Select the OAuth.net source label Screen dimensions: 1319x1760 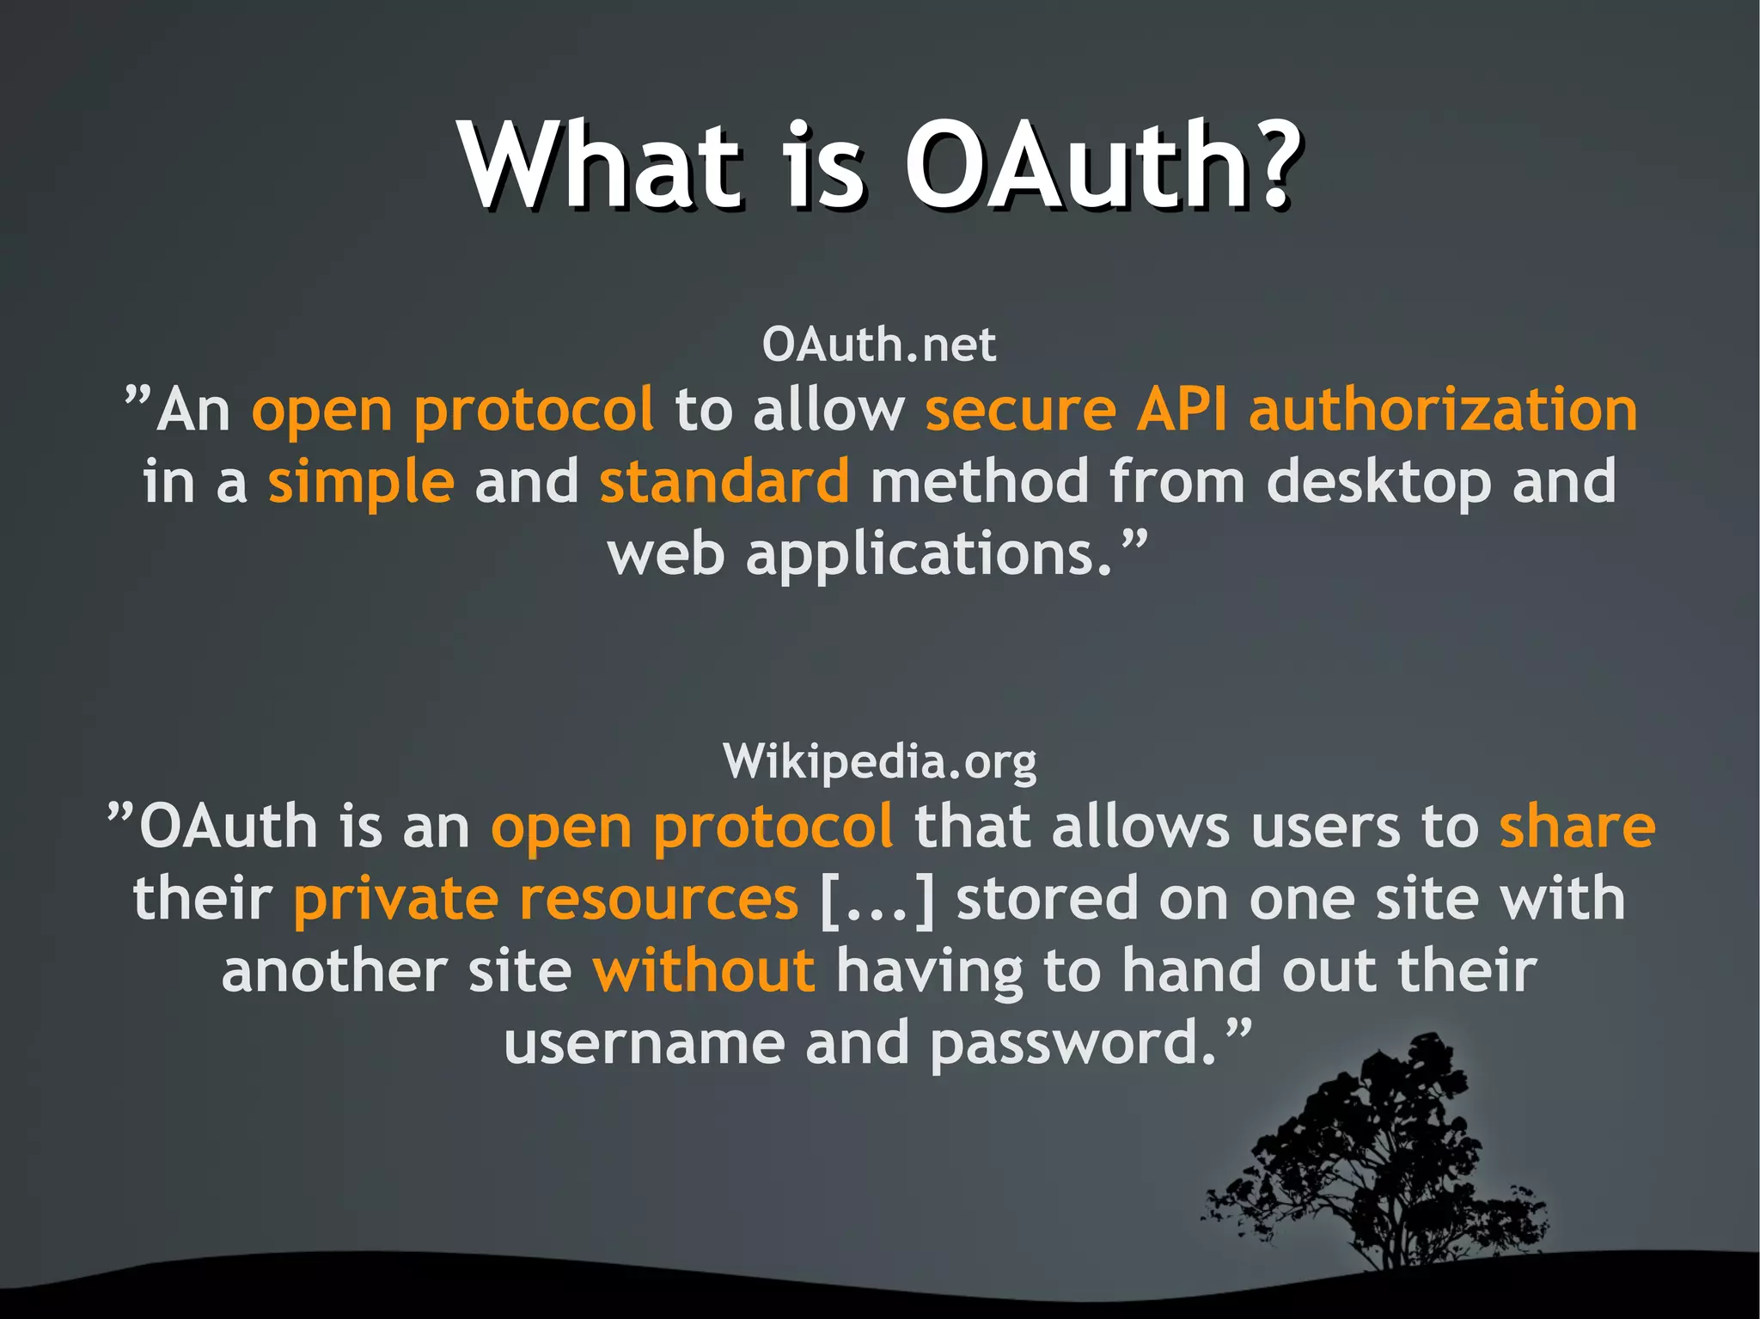click(x=878, y=345)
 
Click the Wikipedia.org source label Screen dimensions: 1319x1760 click(x=880, y=761)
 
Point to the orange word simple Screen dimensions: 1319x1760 click(x=361, y=482)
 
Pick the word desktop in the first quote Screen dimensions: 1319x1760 click(x=1378, y=482)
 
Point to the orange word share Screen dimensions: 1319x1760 click(x=1577, y=827)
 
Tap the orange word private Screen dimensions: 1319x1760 click(x=395, y=901)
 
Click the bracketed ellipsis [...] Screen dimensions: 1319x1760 click(x=877, y=901)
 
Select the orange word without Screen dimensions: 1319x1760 click(x=704, y=971)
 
